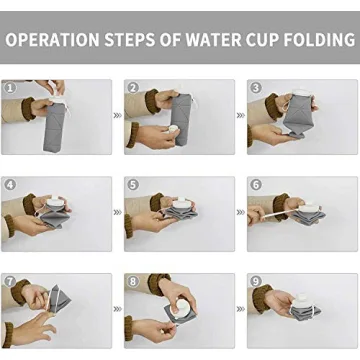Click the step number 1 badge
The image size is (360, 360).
click(x=10, y=88)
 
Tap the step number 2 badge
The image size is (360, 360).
click(x=133, y=88)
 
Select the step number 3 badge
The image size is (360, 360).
click(x=256, y=88)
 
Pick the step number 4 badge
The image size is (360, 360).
click(x=10, y=185)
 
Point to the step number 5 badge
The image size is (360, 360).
click(x=133, y=185)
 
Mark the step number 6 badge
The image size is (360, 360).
click(x=256, y=185)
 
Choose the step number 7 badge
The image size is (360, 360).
click(x=10, y=283)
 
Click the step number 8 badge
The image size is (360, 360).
click(x=133, y=283)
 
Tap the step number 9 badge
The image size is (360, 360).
click(x=256, y=283)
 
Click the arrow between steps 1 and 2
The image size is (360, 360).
click(x=117, y=115)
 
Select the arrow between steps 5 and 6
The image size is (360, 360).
click(x=240, y=213)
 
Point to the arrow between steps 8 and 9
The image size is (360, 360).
click(x=240, y=310)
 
